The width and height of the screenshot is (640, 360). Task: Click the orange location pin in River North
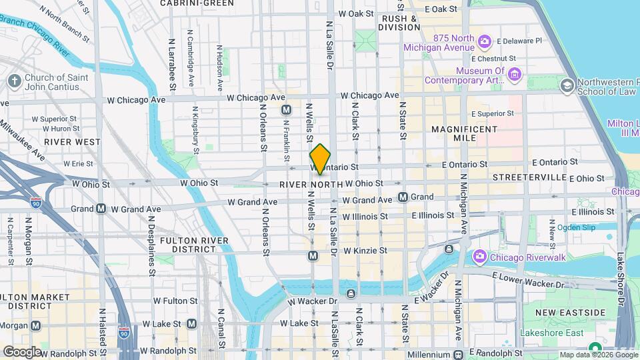click(320, 159)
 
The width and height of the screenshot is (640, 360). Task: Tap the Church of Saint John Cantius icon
click(14, 81)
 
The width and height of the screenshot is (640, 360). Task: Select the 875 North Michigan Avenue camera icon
click(484, 41)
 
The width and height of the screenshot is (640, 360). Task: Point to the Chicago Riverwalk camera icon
click(479, 257)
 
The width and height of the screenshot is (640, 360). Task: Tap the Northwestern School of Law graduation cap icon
click(567, 85)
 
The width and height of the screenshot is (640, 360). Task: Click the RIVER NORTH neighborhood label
click(311, 184)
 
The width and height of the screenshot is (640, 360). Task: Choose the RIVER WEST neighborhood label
click(72, 142)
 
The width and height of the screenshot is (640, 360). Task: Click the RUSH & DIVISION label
click(399, 23)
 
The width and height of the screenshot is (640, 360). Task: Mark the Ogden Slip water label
click(576, 227)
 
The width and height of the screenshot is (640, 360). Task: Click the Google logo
click(22, 351)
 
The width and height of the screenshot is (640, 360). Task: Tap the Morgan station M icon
click(35, 325)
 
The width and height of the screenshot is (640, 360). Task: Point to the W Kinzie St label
click(365, 251)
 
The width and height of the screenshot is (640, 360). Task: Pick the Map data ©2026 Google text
click(598, 355)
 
